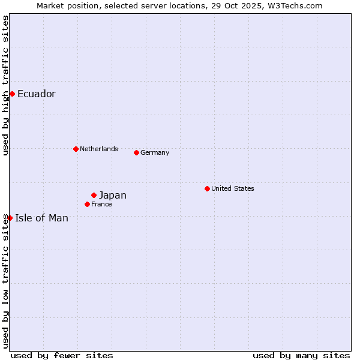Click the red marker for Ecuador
pos(12,94)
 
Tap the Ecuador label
pos(37,94)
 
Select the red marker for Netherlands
pos(76,149)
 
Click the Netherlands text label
pos(99,149)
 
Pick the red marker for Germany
pos(136,152)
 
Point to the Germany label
pos(155,152)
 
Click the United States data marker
pos(207,188)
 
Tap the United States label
pos(233,188)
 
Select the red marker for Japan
pos(94,195)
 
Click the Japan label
pos(113,195)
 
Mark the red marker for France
pos(87,204)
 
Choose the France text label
pos(101,204)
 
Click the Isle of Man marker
pos(10,218)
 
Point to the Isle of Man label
pos(42,218)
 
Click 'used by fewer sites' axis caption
pos(62,355)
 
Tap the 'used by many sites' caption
pos(301,355)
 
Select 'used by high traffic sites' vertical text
pos(5,86)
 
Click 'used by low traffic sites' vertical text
pos(5,281)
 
